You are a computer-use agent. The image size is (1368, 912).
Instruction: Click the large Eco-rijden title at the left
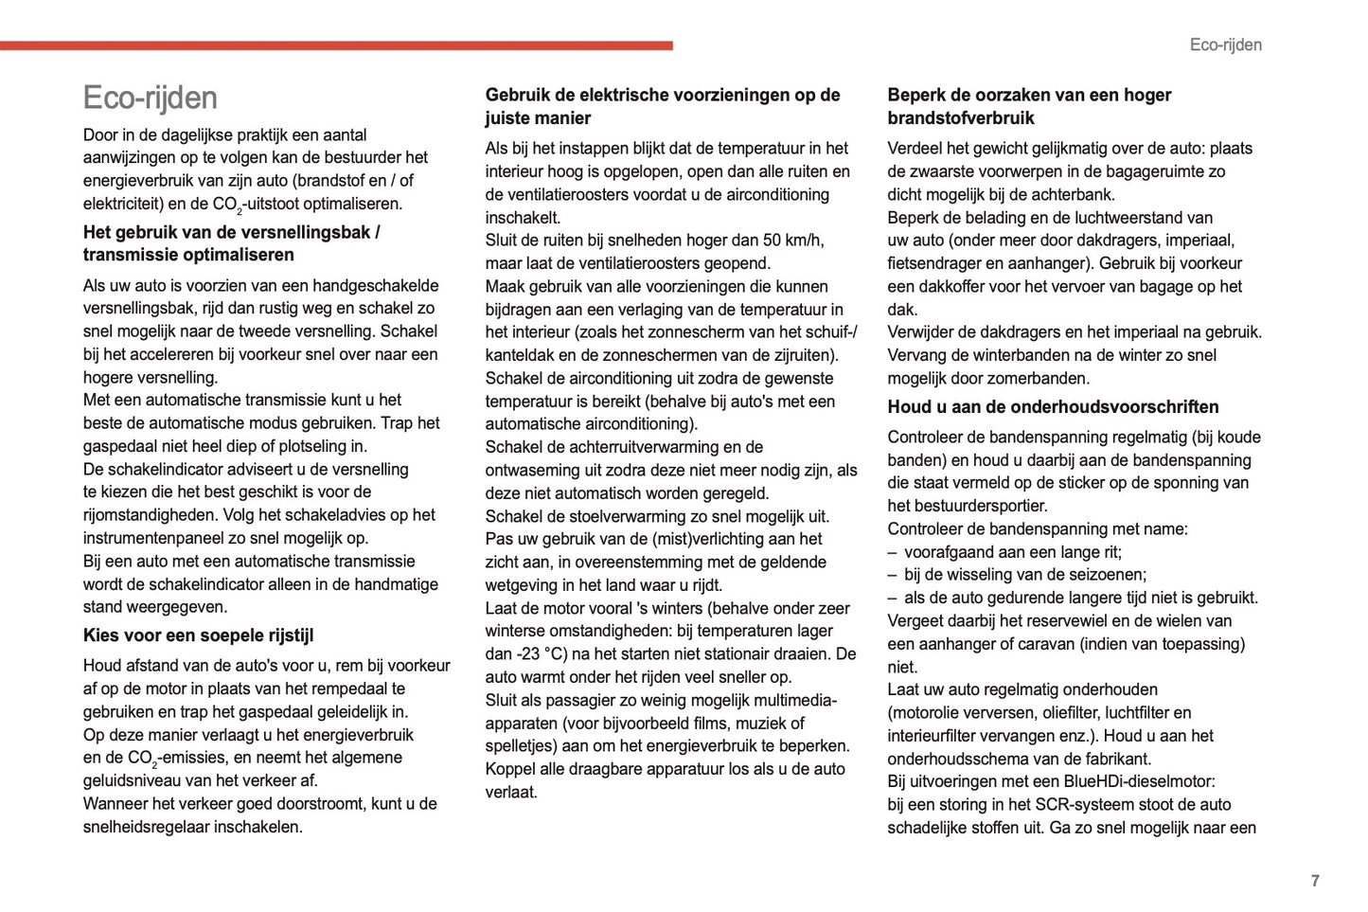pos(151,98)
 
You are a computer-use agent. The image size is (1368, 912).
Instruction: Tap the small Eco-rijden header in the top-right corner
pos(1225,45)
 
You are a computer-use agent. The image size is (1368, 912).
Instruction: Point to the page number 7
pos(1315,881)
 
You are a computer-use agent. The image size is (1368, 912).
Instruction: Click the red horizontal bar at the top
pos(336,45)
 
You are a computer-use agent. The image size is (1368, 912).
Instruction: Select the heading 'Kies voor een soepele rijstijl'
pos(198,635)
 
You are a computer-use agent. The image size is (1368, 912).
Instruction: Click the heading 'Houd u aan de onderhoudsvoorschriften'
pos(1053,407)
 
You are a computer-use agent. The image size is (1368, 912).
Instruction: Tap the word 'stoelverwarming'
pos(636,516)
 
